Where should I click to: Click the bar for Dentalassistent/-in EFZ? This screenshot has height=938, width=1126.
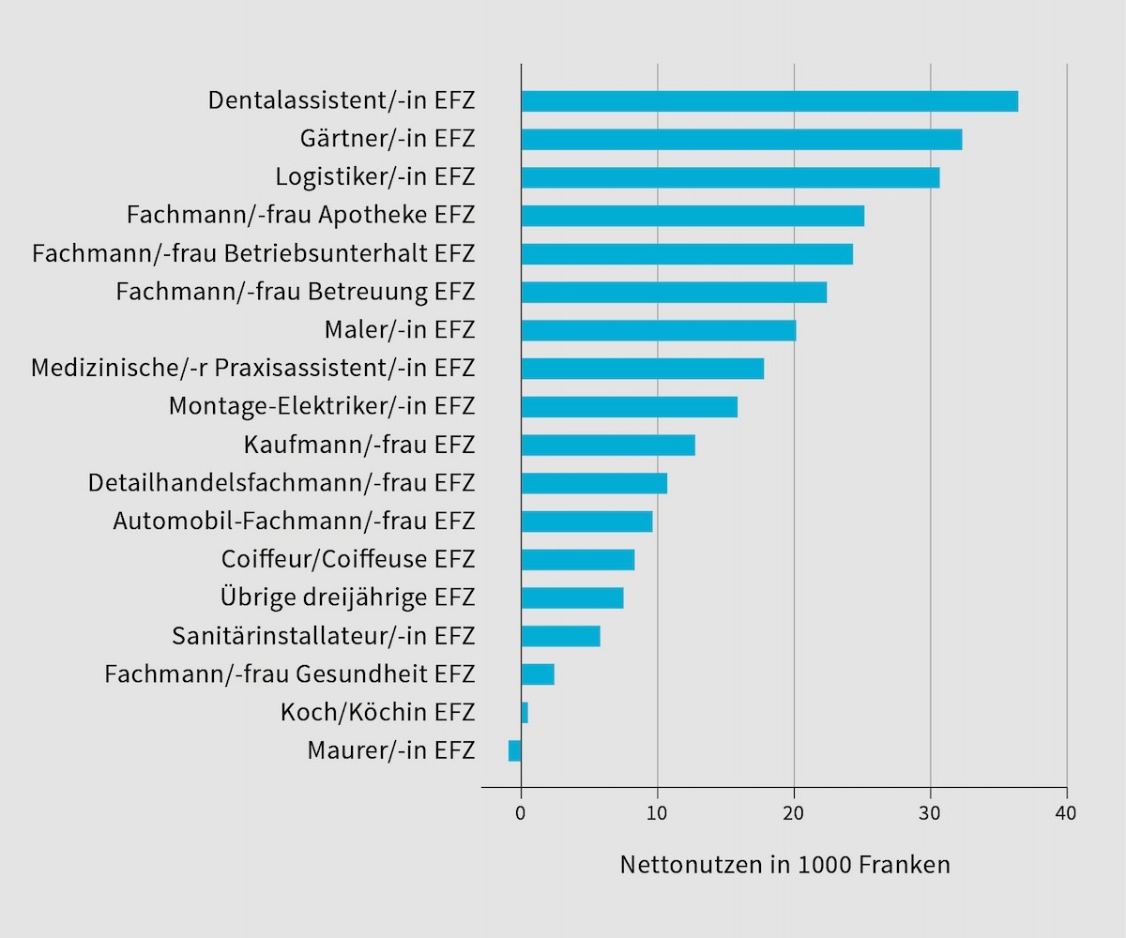tap(769, 101)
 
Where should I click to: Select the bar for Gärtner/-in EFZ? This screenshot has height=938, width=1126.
tap(741, 140)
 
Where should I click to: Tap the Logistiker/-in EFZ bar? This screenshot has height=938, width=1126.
tap(730, 177)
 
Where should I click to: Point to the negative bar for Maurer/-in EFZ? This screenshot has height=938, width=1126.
tap(515, 750)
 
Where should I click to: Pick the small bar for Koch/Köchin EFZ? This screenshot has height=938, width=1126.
tap(525, 712)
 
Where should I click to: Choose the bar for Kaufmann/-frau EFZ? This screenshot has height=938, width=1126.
tap(608, 445)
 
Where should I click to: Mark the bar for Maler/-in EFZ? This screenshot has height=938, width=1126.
tap(659, 330)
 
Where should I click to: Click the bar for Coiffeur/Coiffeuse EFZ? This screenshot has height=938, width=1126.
tap(578, 560)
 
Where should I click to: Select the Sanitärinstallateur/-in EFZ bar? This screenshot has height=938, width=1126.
tap(560, 636)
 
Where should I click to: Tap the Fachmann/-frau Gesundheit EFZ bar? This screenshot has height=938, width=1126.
tap(538, 674)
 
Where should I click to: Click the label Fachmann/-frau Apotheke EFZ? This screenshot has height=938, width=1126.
tap(300, 216)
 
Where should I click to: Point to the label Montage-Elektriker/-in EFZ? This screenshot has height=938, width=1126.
tap(322, 407)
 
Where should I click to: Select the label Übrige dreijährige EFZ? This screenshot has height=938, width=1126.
tap(348, 598)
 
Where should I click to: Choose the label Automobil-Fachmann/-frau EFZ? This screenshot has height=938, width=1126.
tap(295, 522)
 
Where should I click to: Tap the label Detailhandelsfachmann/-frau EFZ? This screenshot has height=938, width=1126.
tap(281, 483)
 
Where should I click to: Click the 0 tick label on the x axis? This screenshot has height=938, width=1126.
tap(521, 812)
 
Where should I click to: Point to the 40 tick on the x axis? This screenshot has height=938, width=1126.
tap(1066, 812)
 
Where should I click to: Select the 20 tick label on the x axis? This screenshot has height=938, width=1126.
tap(794, 812)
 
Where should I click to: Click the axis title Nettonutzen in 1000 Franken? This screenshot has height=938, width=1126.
tap(784, 865)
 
